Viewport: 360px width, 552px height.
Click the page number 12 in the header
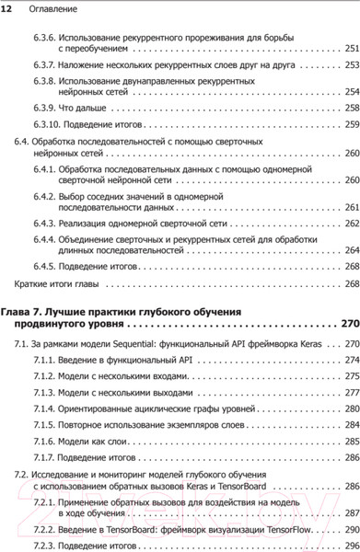[x=8, y=8]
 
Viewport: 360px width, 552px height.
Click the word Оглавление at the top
[x=53, y=8]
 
